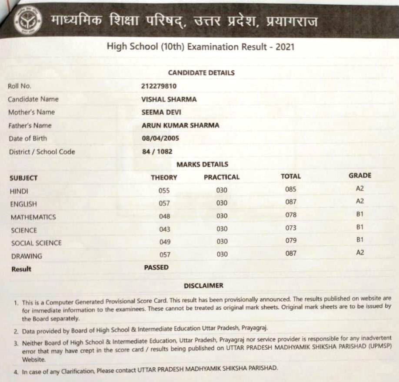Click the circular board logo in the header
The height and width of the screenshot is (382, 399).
coord(28,20)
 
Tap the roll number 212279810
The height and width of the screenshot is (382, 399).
coord(159,86)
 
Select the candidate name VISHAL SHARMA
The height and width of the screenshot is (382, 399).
coord(169,99)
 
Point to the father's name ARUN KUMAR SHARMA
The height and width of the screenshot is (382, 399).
coord(180,125)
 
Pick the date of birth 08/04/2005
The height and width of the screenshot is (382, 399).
coord(160,139)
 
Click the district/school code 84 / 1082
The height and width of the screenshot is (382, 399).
coord(156,152)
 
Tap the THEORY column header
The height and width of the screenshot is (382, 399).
coord(164,177)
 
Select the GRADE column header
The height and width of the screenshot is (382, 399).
coord(360,176)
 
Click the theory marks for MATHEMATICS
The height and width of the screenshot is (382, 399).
coord(164,216)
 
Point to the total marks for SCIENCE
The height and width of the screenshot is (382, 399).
coord(291,228)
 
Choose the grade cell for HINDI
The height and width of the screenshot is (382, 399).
coord(359,189)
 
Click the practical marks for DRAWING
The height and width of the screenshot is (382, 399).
coord(222,254)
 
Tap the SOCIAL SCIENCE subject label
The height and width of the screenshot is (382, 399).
coord(36,243)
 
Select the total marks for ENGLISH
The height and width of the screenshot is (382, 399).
coord(291,202)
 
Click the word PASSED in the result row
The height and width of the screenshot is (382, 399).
coord(156,267)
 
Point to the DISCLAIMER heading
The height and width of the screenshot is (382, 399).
coord(203,286)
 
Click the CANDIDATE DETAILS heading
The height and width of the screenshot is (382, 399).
coord(201,73)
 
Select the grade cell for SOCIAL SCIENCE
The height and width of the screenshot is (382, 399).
coord(359,240)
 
